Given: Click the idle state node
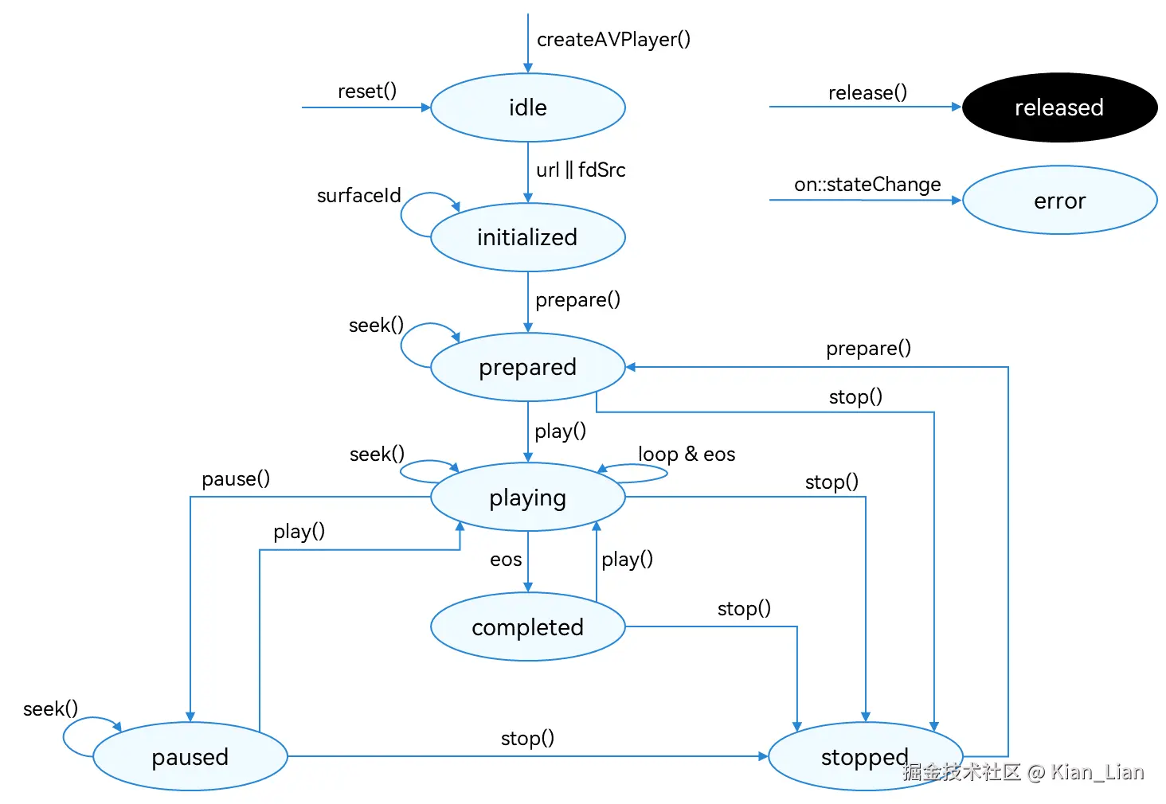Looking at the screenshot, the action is (528, 107).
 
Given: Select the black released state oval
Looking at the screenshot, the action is (1060, 107).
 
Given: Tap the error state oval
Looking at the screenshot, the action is (1060, 201).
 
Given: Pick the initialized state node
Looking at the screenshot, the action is (528, 237).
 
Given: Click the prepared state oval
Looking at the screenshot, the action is (528, 367).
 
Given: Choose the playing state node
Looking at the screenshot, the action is (528, 497).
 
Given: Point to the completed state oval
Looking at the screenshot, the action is (528, 626).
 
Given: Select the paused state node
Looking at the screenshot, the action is (190, 757).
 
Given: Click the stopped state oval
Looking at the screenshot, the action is (866, 757).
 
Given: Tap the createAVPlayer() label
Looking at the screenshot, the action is (614, 40).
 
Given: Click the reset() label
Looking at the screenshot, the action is (367, 91).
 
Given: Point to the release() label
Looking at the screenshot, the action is (868, 92).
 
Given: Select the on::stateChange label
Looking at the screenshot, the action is (867, 185).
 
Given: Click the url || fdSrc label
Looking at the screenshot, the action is (581, 170).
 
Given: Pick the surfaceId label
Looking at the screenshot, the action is (358, 196).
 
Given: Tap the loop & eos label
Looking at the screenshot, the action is (687, 455).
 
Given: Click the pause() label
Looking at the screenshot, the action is (236, 478).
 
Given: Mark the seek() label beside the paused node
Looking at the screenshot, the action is (50, 708).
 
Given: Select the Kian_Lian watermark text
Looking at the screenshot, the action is (1097, 772).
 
